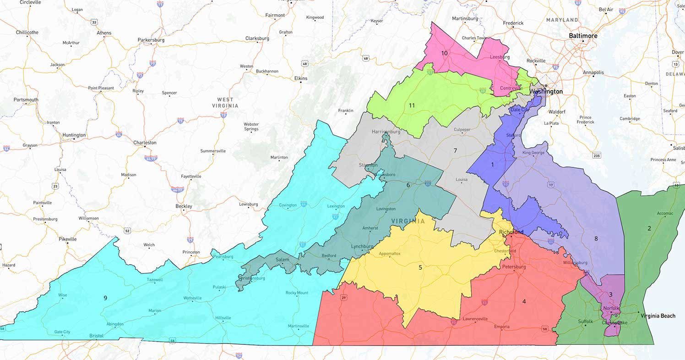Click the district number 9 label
point(105,298)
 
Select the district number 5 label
point(420,267)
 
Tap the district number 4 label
point(524,301)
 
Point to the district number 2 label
point(649,228)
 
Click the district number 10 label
point(444,53)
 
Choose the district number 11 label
point(412,105)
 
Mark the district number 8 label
point(596,238)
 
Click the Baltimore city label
point(583,36)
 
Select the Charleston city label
point(145,143)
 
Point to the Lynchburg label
point(362,246)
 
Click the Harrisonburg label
point(386,132)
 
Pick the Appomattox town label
point(390,254)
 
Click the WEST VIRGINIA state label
point(225,102)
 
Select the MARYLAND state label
point(562,20)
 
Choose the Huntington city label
point(74,135)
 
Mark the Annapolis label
point(593,72)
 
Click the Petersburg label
point(514,266)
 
